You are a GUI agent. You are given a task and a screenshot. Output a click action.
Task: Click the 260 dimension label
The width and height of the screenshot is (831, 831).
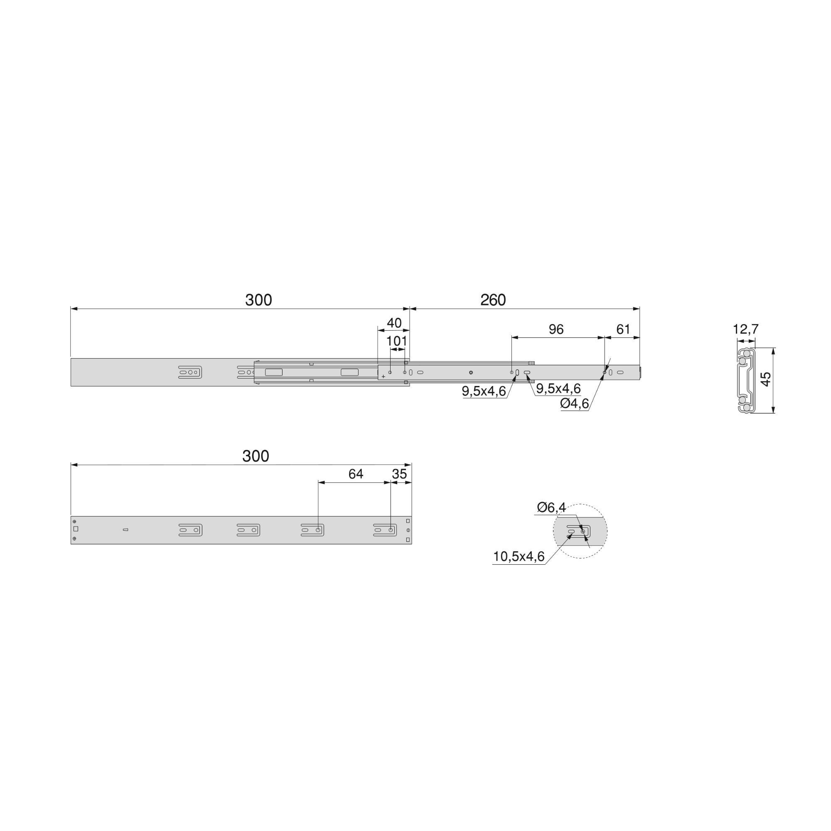coord(493,300)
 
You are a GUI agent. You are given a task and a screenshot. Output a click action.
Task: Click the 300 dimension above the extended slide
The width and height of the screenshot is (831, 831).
coord(258,300)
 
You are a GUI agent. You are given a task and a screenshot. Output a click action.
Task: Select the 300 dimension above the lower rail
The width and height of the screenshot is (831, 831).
coord(256,456)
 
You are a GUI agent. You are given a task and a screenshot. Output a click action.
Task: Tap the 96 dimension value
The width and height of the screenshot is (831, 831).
coord(556,329)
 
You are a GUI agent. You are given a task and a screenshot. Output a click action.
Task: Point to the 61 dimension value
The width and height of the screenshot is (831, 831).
coord(623,329)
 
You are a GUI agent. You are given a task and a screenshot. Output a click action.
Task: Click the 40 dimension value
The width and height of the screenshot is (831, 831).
coord(394,323)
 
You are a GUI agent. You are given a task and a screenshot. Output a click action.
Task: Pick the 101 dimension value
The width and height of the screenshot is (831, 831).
coord(396,342)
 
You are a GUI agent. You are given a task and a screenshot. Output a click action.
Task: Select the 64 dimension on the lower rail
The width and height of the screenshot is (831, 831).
coord(356,474)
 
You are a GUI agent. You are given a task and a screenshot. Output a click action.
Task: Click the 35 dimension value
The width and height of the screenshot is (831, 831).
coord(399,474)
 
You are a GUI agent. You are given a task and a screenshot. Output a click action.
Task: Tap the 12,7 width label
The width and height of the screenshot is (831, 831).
coord(745,329)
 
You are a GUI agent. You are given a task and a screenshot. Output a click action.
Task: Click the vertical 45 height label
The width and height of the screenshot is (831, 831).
coord(766,379)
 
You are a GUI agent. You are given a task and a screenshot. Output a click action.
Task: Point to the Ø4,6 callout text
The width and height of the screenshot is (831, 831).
coord(574,404)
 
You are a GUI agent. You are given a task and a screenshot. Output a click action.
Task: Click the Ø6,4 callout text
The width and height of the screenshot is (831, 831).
coord(551,508)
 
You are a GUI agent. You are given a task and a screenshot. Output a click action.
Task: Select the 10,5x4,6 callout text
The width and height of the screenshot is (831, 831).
coord(519,557)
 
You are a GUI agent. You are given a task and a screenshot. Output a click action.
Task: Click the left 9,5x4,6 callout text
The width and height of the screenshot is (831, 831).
coord(484,391)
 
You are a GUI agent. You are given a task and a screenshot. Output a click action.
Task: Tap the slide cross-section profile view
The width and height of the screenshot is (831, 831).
coord(746,381)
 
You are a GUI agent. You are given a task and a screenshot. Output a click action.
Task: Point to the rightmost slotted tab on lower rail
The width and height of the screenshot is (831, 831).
coord(384,530)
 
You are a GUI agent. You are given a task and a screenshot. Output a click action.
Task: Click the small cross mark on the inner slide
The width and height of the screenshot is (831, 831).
coord(383,376)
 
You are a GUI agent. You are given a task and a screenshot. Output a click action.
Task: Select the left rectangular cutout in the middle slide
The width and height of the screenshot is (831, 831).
coord(273,372)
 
